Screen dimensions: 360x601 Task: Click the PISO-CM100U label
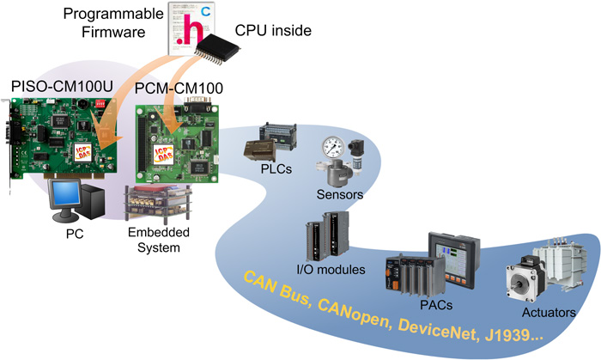pyautogui.click(x=61, y=88)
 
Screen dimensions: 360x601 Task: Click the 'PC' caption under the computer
pyautogui.click(x=75, y=232)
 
